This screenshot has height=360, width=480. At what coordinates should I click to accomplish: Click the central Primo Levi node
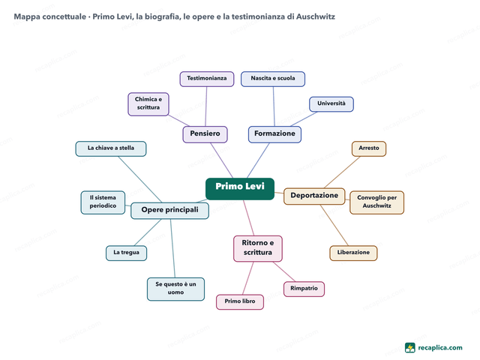click(x=240, y=188)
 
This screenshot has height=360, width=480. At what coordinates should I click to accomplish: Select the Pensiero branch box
click(x=205, y=134)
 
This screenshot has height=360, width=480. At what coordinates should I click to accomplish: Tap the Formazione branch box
click(x=274, y=134)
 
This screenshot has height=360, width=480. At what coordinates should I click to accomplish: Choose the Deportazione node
click(x=314, y=196)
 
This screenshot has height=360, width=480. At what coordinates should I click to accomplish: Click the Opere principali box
click(x=170, y=211)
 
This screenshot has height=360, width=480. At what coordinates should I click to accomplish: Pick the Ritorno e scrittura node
click(x=258, y=248)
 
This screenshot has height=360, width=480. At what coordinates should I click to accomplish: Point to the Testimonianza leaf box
click(x=207, y=79)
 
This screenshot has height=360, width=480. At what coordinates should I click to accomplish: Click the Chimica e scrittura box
click(x=148, y=104)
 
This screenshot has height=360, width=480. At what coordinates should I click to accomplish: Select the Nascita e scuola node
click(x=273, y=79)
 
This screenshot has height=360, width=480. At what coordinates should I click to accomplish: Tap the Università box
click(x=331, y=104)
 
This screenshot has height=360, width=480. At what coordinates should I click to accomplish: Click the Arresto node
click(x=369, y=148)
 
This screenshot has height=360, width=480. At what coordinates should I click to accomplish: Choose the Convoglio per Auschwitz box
click(x=376, y=202)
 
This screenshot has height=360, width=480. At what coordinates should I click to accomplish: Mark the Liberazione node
click(x=353, y=253)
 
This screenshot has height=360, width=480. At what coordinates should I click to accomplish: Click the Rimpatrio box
click(x=304, y=289)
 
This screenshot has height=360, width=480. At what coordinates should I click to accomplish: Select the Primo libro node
click(x=240, y=301)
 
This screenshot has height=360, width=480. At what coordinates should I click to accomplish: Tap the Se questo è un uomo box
click(x=175, y=289)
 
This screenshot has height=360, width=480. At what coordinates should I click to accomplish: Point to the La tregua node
click(x=127, y=253)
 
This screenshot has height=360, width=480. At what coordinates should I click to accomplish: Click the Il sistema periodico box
click(x=103, y=202)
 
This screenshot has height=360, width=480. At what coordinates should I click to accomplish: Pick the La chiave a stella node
click(x=111, y=148)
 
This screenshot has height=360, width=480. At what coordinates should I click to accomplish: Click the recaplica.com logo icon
click(x=410, y=348)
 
